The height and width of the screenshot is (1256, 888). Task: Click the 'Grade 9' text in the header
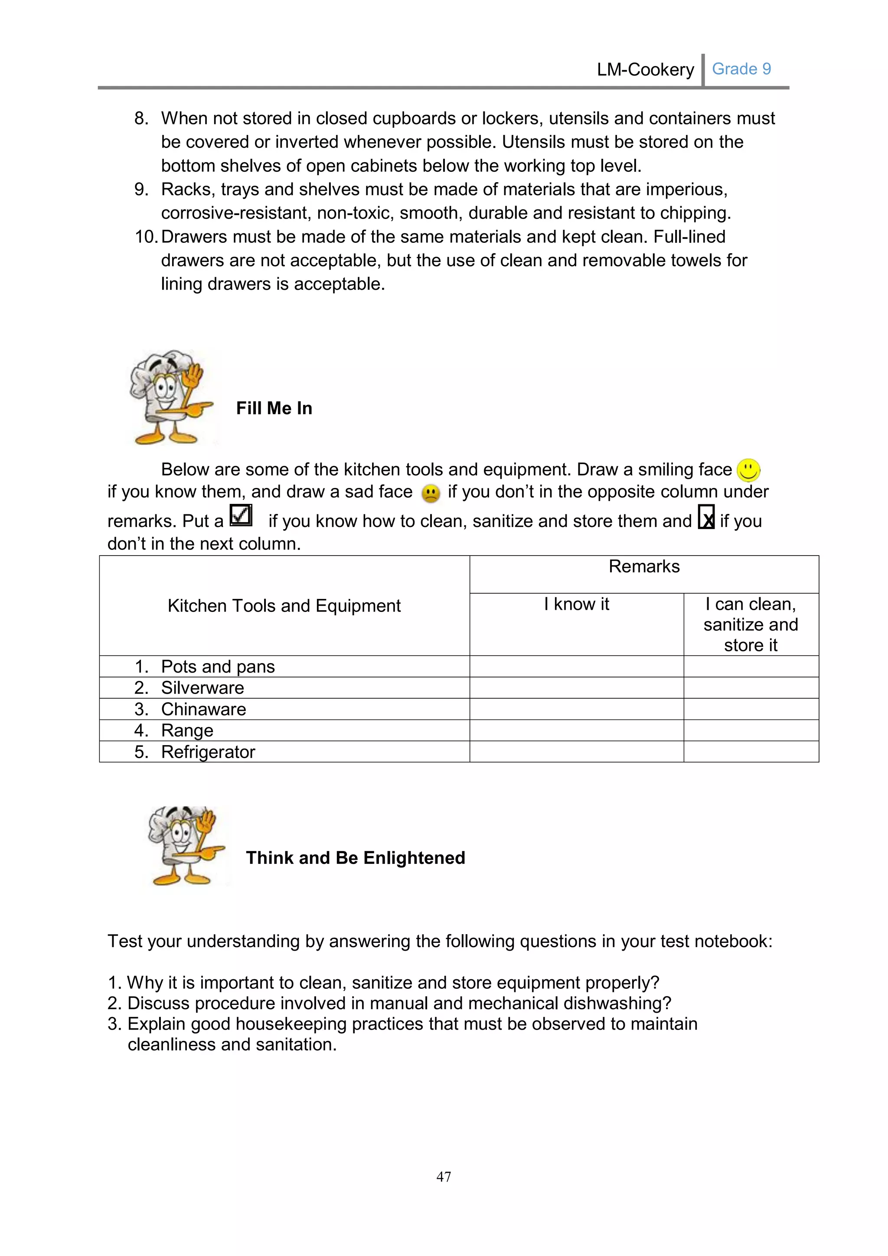pyautogui.click(x=741, y=69)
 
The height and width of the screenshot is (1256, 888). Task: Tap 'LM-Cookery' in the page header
pyautogui.click(x=645, y=69)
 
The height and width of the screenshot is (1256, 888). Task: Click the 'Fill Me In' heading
pyautogui.click(x=274, y=408)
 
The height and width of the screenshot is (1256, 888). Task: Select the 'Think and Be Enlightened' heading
pyautogui.click(x=356, y=858)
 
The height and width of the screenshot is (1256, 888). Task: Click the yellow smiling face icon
pyautogui.click(x=748, y=470)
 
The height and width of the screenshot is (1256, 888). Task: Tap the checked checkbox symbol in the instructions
pyautogui.click(x=241, y=515)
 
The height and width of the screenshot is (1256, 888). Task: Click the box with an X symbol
pyautogui.click(x=706, y=517)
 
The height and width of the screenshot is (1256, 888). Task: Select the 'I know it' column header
pyautogui.click(x=576, y=605)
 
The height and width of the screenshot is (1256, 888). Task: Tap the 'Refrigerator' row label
pyautogui.click(x=208, y=752)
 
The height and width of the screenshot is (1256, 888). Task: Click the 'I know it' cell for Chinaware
pyautogui.click(x=576, y=710)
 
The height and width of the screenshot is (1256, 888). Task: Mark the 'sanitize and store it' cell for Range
pyautogui.click(x=751, y=731)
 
